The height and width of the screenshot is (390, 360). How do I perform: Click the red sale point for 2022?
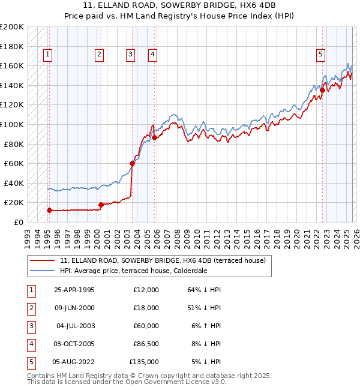(322, 91)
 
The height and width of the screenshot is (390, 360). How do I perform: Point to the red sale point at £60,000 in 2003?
(132, 163)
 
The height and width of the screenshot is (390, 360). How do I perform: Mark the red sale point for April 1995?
(50, 210)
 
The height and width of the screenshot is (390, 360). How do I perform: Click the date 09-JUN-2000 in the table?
(74, 308)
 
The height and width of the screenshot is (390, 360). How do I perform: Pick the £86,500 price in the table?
(146, 344)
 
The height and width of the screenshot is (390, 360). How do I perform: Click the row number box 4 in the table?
(30, 344)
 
